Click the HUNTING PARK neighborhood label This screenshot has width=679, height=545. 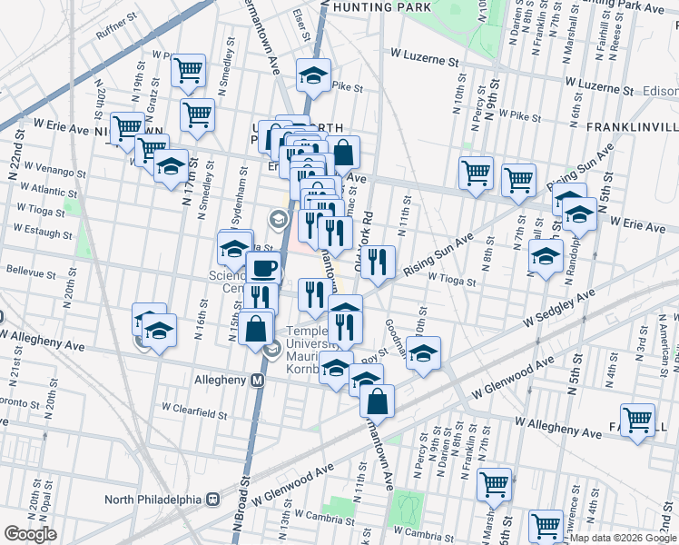coord(381,7)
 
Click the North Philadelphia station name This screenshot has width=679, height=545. coord(153,499)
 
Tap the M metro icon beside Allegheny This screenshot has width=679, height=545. coord(257,380)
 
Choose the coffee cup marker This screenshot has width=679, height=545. coord(264,268)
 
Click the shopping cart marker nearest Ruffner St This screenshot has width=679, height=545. coord(188,70)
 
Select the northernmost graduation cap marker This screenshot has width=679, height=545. coord(314,74)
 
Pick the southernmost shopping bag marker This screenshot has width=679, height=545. coord(377,400)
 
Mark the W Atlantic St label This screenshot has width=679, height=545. coord(51,191)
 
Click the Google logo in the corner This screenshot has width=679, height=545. coord(30,534)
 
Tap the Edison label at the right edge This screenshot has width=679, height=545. coord(660,92)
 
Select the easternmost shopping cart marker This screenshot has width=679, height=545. coord(637,420)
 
